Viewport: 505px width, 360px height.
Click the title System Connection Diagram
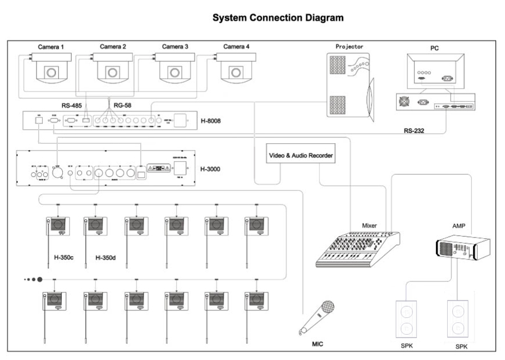[278, 18]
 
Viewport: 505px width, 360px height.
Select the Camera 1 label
[51, 46]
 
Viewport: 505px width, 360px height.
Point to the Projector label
[349, 47]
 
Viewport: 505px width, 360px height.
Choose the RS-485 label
[74, 105]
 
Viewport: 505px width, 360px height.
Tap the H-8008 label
[212, 120]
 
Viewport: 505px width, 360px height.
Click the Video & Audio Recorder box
[301, 155]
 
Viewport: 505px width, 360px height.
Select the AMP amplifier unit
[462, 248]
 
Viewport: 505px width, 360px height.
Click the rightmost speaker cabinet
[458, 318]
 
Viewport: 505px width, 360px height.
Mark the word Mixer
[369, 226]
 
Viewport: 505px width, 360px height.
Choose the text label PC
[434, 48]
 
